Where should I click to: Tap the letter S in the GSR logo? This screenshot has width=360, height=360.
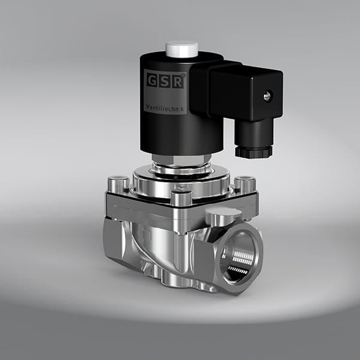pyautogui.click(x=164, y=80)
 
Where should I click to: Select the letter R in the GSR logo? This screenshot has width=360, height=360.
pyautogui.click(x=176, y=81)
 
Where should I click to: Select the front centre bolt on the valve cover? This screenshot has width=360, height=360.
pyautogui.click(x=178, y=198)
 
